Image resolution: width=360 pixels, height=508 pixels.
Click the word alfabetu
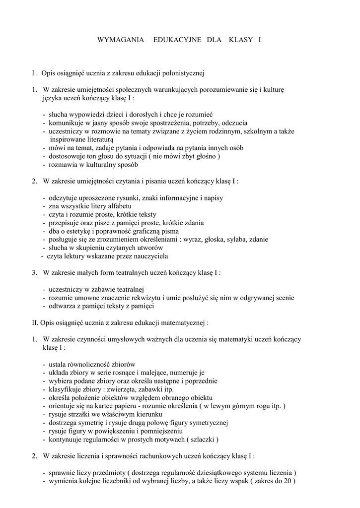[118, 206]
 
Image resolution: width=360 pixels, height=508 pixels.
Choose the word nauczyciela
[150, 256]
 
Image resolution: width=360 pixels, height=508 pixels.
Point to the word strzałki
[83, 414]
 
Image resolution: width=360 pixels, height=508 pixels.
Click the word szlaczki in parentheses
[203, 440]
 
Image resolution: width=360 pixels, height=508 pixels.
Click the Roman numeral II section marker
[35, 322]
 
